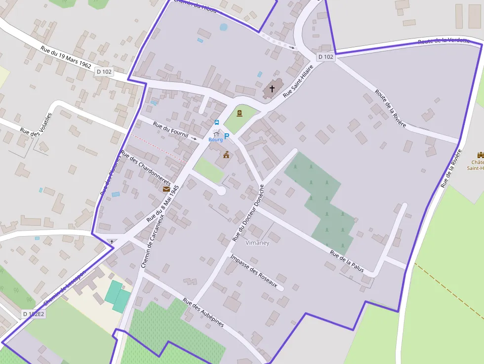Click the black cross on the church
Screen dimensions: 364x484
272,89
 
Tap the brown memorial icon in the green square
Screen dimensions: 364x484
240,113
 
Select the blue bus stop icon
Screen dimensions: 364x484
216,122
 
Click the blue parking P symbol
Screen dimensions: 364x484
227,136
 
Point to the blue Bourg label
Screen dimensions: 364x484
215,140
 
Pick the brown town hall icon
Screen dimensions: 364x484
226,155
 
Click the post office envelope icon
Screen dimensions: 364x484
166,189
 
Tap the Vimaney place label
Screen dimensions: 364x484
257,243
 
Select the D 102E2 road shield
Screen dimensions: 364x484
34,314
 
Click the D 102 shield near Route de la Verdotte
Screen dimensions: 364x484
325,57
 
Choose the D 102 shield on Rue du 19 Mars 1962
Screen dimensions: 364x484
104,72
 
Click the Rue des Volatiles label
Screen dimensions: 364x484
36,124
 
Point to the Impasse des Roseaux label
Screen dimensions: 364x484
257,272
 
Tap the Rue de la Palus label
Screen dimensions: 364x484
347,262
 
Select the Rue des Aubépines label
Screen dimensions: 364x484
203,312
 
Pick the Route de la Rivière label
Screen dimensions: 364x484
390,108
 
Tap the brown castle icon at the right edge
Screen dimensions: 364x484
480,155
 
